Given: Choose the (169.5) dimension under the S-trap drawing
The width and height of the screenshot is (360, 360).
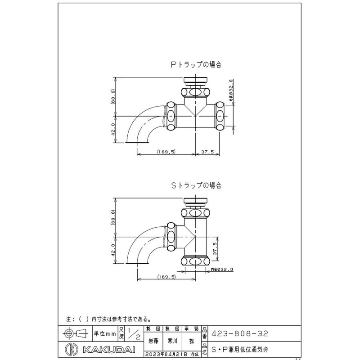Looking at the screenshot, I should [x=166, y=277].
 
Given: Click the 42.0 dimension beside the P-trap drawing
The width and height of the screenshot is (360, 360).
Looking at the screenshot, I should [x=113, y=129].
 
